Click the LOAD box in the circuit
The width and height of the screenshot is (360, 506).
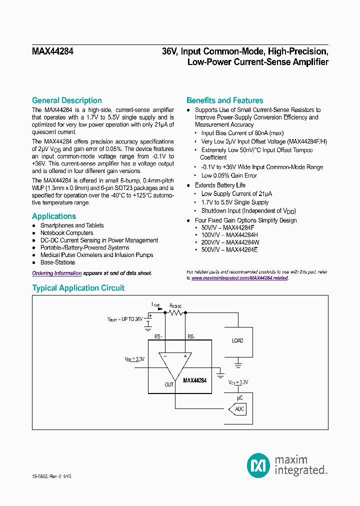pyautogui.click(x=237, y=340)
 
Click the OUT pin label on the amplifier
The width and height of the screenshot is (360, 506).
pyautogui.click(x=169, y=384)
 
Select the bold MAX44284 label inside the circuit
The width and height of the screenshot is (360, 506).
pyautogui.click(x=194, y=380)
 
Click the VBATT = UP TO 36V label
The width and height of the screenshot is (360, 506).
pyautogui.click(x=125, y=318)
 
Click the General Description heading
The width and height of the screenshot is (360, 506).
pyautogui.click(x=66, y=100)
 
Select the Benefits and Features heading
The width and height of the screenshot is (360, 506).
pyautogui.click(x=224, y=100)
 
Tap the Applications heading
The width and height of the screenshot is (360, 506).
pyautogui.click(x=54, y=216)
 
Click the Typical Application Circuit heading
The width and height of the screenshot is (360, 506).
pyautogui.click(x=78, y=288)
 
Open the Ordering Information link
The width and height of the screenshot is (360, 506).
pyautogui.click(x=56, y=273)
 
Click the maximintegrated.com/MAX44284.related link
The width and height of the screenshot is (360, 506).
pyautogui.click(x=239, y=278)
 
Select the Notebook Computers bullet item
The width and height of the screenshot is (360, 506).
pyautogui.click(x=66, y=233)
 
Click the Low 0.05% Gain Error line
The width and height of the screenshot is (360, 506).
pyautogui.click(x=229, y=175)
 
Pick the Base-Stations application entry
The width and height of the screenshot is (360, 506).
pyautogui.click(x=57, y=262)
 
